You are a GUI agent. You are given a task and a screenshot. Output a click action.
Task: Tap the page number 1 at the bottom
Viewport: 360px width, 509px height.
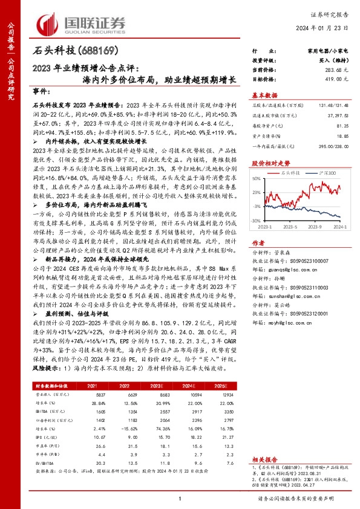point(180,498)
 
